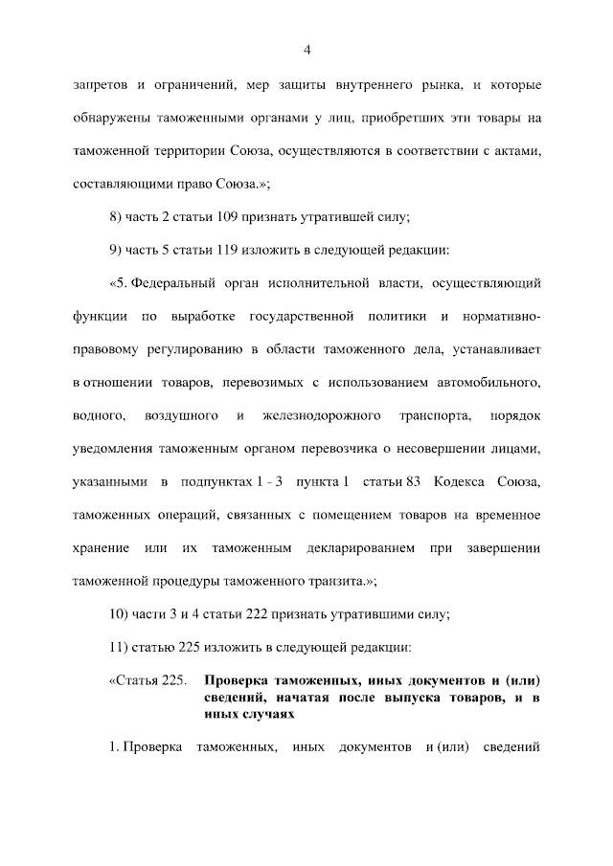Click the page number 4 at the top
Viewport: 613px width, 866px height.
pos(306,50)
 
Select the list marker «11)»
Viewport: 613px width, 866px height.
pos(121,648)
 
